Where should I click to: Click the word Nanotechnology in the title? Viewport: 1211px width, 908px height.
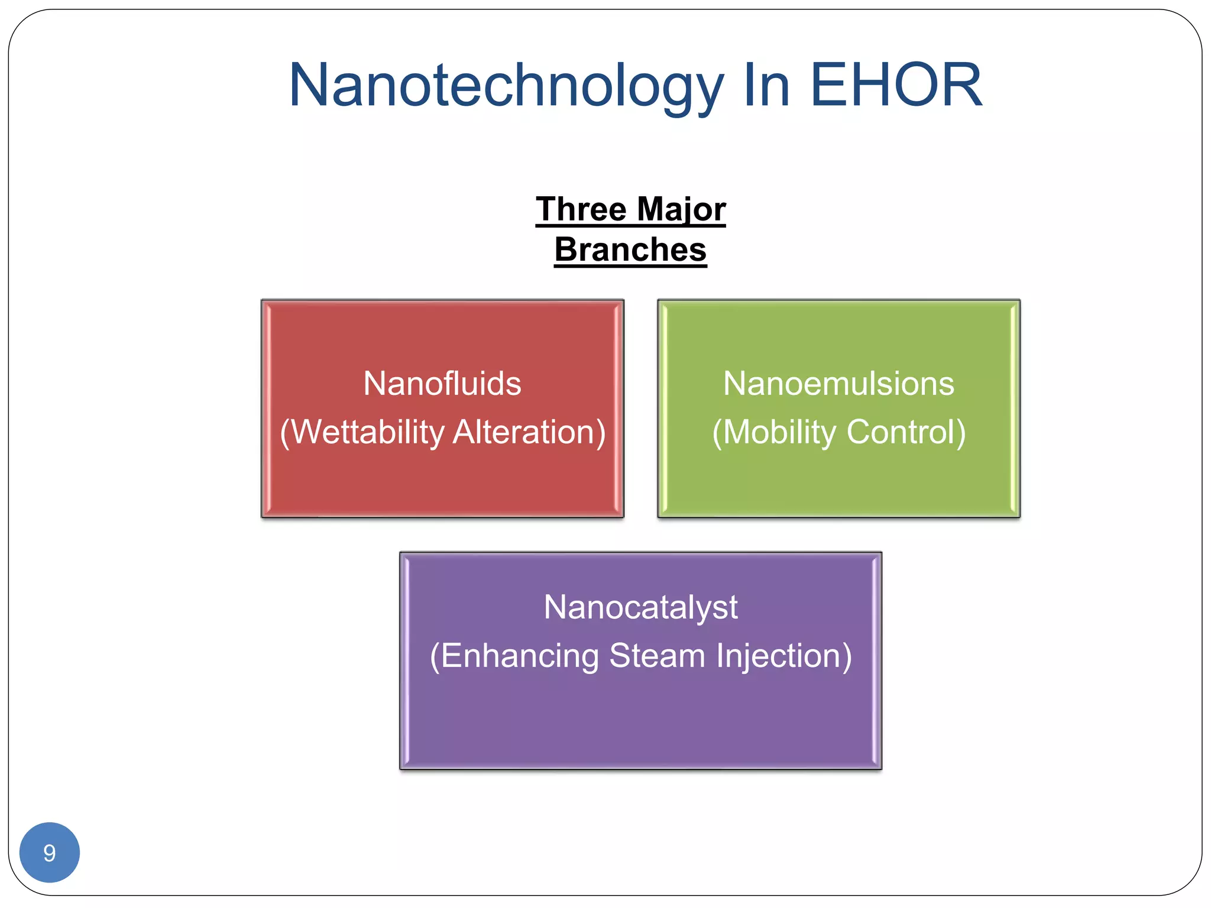[506, 87]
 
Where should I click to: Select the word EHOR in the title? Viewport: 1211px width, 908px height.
[895, 86]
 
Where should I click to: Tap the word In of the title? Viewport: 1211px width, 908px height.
[766, 86]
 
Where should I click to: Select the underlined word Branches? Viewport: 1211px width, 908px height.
[630, 249]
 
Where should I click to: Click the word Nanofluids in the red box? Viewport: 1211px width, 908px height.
[442, 384]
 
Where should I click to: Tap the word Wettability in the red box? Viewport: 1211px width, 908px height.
[367, 432]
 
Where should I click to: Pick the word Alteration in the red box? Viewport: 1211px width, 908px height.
[529, 432]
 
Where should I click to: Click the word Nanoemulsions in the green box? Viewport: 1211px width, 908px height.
[838, 384]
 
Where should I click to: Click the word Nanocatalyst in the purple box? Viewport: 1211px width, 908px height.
[640, 607]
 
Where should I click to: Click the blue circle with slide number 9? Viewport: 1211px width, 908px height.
[50, 852]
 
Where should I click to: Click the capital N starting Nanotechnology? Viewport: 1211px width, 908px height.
[309, 86]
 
